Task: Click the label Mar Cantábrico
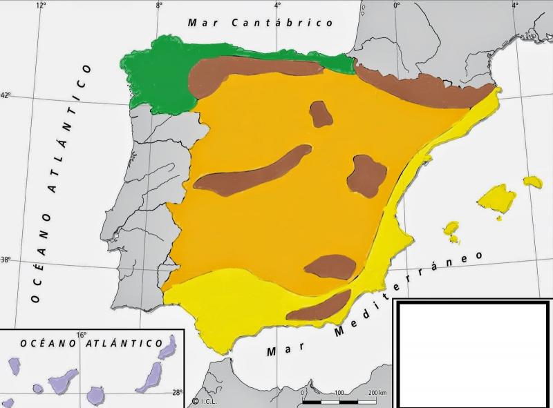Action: (x=261, y=23)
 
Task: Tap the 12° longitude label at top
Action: (x=41, y=6)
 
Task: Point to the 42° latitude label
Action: (x=6, y=95)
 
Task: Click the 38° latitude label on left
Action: (x=6, y=260)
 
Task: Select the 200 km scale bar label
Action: (x=377, y=393)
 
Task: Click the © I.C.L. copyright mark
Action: (x=205, y=400)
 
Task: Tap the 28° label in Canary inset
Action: (x=178, y=393)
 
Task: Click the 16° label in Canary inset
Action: (x=82, y=336)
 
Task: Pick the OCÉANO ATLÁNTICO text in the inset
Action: (x=91, y=343)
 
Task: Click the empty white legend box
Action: (x=472, y=353)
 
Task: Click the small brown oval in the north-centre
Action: (x=321, y=114)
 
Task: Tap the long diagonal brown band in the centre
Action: (x=252, y=172)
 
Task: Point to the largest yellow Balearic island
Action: (x=496, y=197)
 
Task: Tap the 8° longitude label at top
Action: (x=159, y=6)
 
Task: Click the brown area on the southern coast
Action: (x=318, y=308)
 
